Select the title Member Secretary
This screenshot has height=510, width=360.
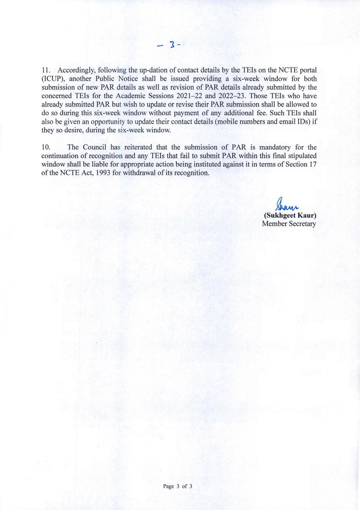[289, 224]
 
